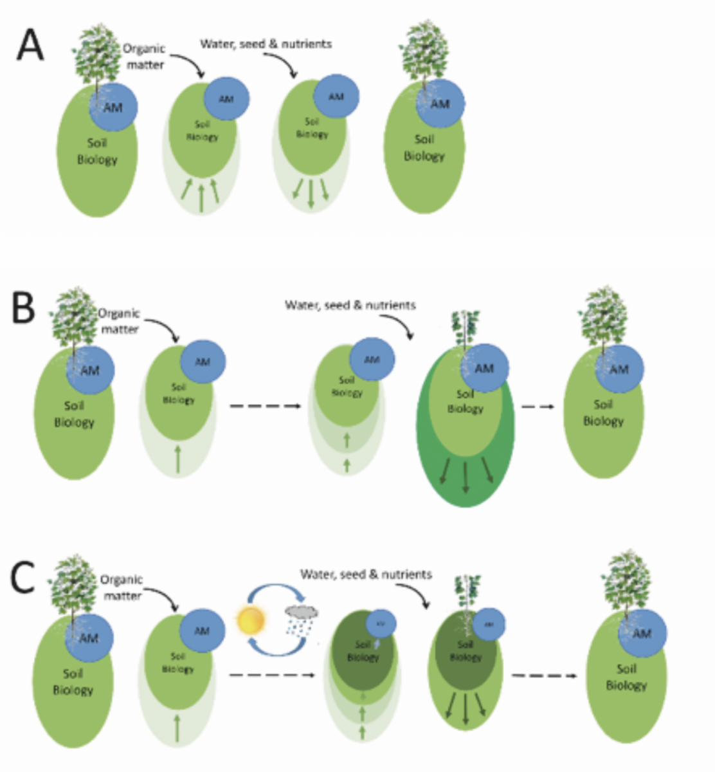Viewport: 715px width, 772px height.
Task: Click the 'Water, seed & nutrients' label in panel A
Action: [x=266, y=44]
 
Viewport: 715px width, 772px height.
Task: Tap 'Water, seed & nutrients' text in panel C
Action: [x=366, y=573]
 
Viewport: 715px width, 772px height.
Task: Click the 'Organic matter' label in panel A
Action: [x=145, y=57]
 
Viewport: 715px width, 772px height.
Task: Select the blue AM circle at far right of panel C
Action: [x=642, y=633]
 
